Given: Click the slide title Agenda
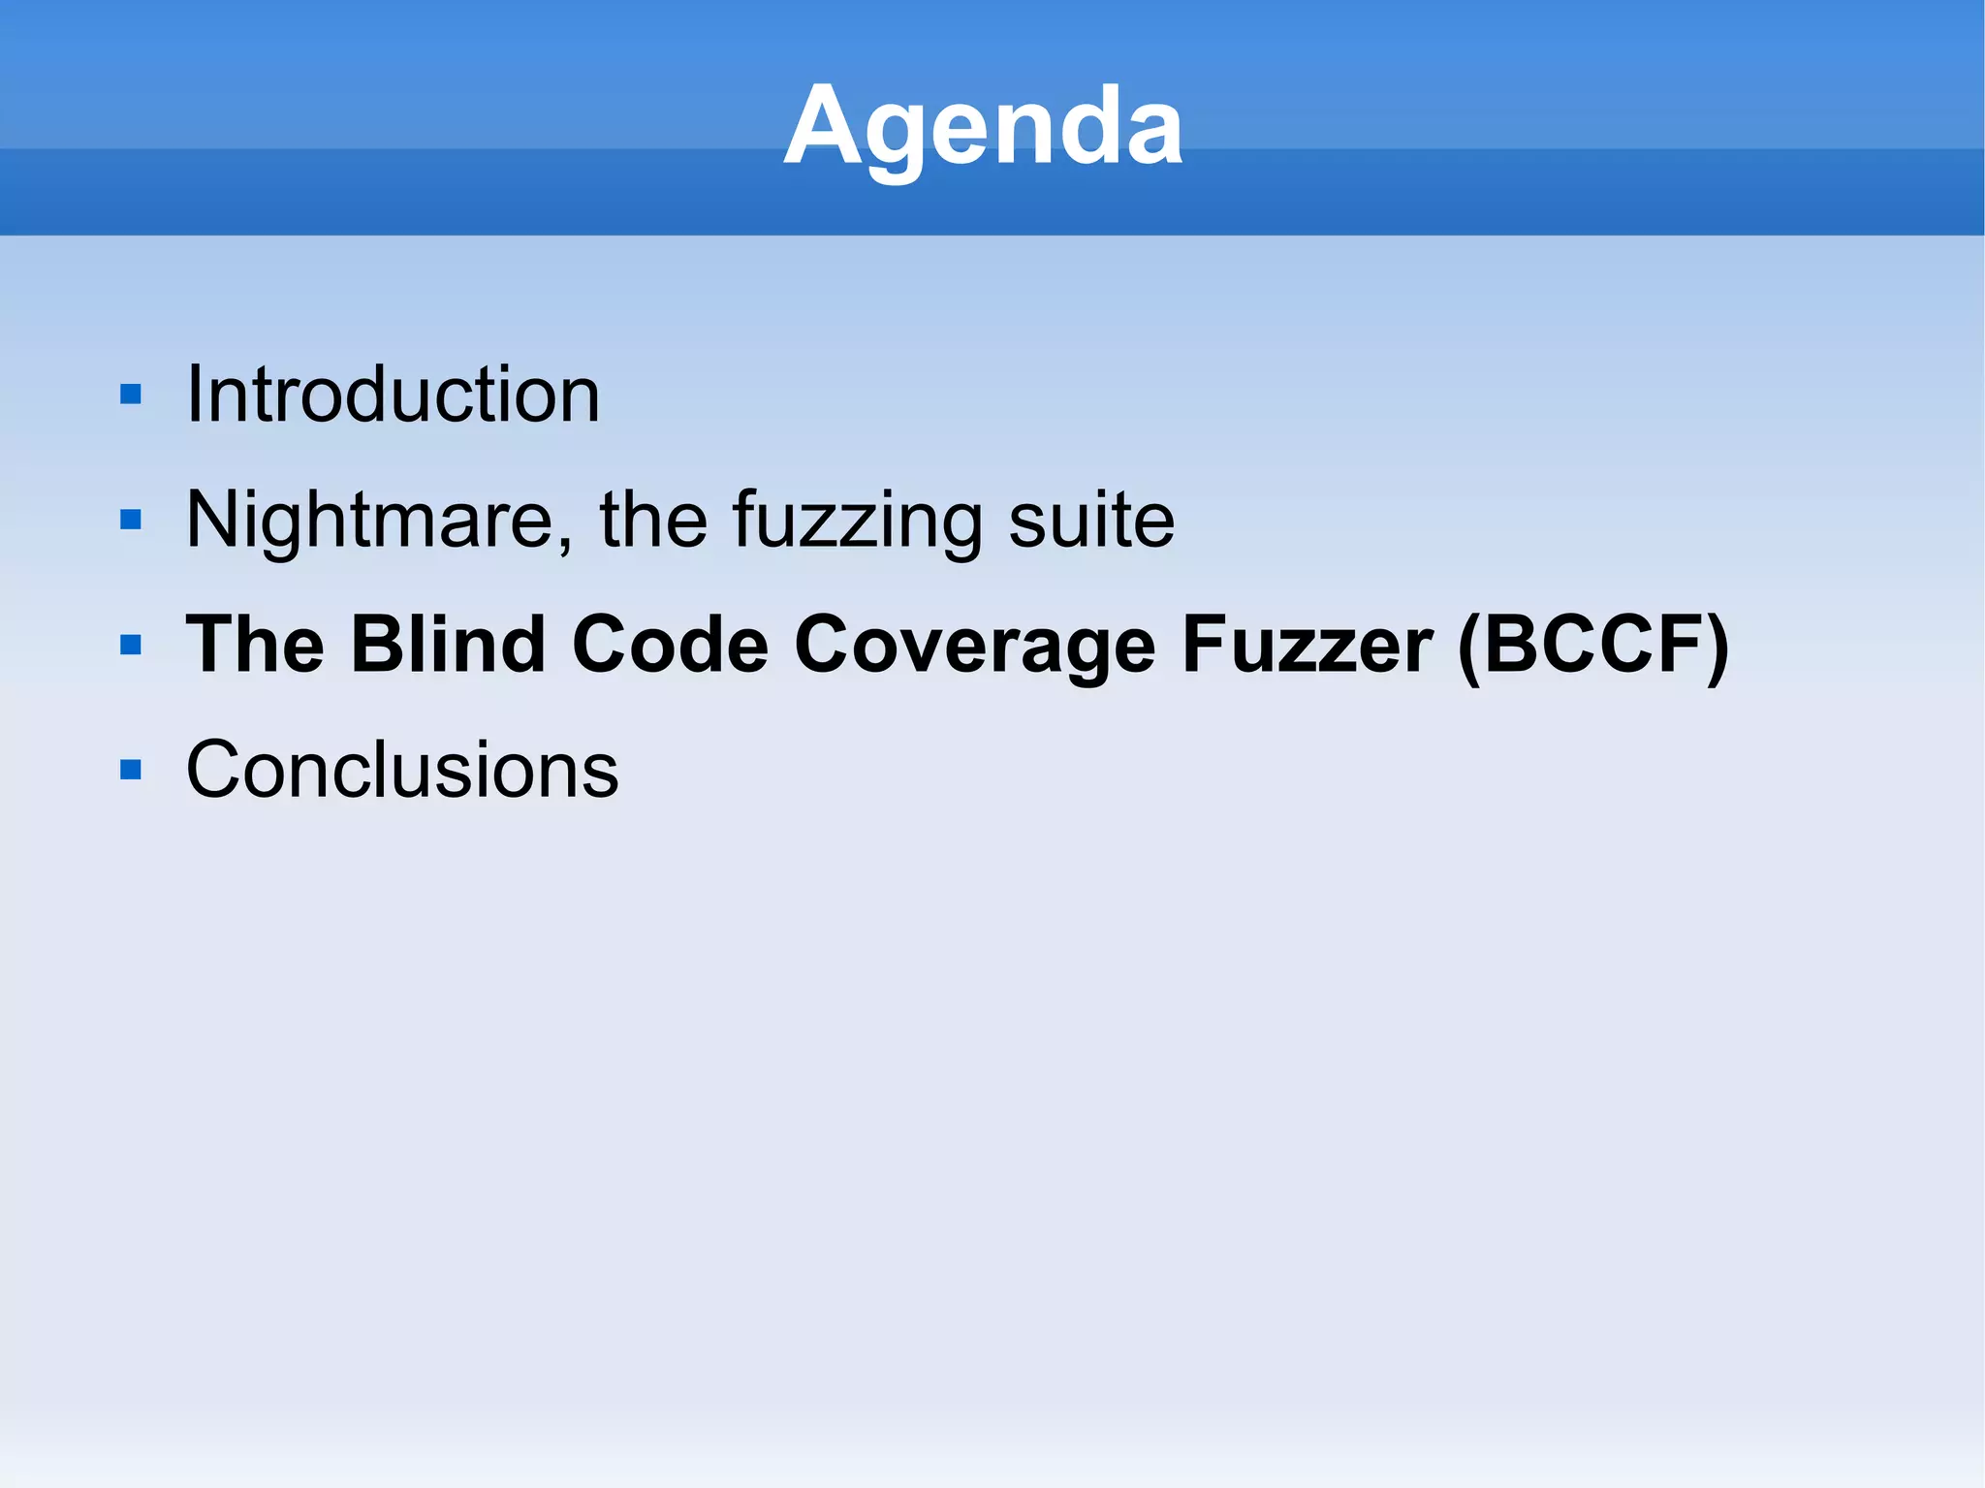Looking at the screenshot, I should pyautogui.click(x=983, y=126).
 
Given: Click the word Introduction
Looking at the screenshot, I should pyautogui.click(x=393, y=395).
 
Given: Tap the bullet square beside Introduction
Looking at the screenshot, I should pyautogui.click(x=131, y=395).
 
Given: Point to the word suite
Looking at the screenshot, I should pyautogui.click(x=1091, y=521).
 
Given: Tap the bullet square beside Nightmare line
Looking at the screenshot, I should pyautogui.click(x=131, y=521).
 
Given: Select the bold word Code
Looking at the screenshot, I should pyautogui.click(x=671, y=645).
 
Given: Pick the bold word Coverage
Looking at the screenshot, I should pyautogui.click(x=975, y=645).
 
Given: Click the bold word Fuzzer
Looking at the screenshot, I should pyautogui.click(x=1308, y=645).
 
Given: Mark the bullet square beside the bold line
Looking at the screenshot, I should pyautogui.click(x=131, y=645).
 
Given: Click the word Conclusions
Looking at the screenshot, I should pyautogui.click(x=401, y=770).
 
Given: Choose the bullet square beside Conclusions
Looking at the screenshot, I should pyautogui.click(x=131, y=770).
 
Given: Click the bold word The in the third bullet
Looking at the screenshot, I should pyautogui.click(x=255, y=645).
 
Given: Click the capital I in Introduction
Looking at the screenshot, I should pyautogui.click(x=194, y=395).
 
